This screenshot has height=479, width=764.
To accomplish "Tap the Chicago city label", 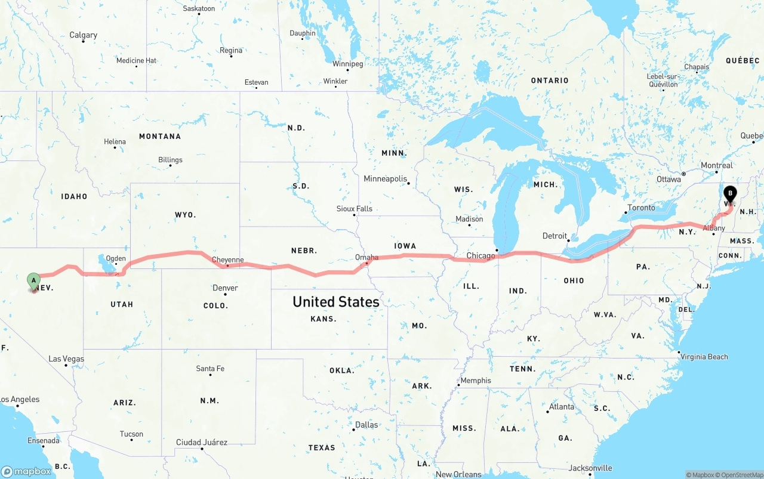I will (x=480, y=256).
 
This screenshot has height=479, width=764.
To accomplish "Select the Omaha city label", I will (x=366, y=257).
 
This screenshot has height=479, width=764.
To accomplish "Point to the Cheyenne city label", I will (x=228, y=260).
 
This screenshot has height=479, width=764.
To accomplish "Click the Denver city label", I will (x=225, y=288).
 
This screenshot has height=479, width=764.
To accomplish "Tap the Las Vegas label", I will (x=66, y=359).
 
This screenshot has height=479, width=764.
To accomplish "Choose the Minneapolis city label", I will (x=385, y=179).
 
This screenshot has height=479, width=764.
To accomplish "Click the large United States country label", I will (x=335, y=302).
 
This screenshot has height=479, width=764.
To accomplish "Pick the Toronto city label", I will (x=640, y=208).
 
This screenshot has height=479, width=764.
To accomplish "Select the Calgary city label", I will (x=83, y=35).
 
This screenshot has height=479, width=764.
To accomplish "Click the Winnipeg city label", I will (x=347, y=64).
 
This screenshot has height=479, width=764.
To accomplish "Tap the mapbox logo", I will (x=26, y=471).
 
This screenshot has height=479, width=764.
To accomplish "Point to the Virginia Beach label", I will (x=704, y=357).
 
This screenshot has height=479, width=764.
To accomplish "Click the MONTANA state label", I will (x=160, y=137).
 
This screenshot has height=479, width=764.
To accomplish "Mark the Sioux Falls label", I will (x=354, y=209).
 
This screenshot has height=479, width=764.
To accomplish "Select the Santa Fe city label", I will (x=210, y=369).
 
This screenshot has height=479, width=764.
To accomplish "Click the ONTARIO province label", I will (x=550, y=81).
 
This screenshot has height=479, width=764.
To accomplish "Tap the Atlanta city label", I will (x=562, y=407).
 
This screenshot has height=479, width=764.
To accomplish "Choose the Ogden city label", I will (x=116, y=258).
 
